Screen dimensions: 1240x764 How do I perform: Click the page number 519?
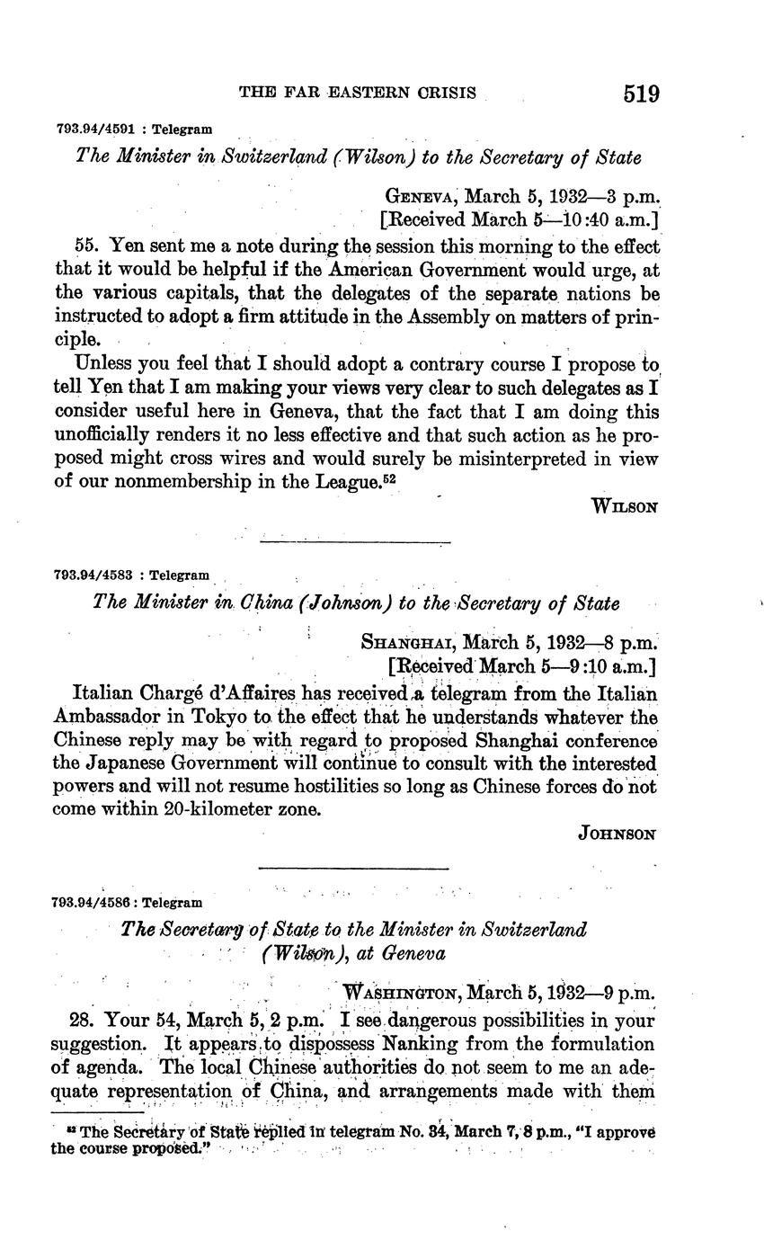(639, 94)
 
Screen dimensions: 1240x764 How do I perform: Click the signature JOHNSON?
(617, 834)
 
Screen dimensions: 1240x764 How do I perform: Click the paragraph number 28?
(82, 1021)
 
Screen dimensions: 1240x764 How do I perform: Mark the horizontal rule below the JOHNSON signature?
(353, 868)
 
